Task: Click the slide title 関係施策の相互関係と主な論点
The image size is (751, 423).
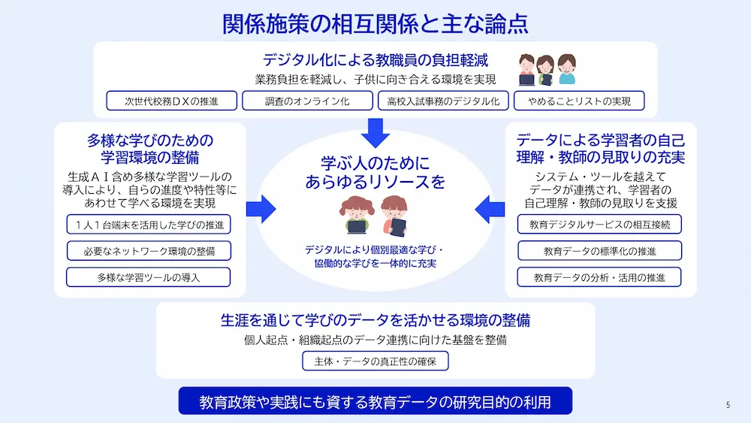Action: [375, 24]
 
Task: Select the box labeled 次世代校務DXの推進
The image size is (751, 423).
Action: [171, 101]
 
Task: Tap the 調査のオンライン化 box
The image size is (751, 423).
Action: [307, 101]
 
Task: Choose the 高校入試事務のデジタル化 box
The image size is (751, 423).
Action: [443, 101]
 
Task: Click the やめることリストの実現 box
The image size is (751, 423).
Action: [579, 101]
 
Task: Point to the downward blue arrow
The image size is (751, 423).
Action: [375, 133]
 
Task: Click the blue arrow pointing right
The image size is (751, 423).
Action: [261, 210]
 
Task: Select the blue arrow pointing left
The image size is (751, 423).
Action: [490, 210]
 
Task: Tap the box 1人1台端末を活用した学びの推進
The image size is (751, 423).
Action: [149, 225]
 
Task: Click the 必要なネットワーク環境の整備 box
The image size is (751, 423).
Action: [149, 251]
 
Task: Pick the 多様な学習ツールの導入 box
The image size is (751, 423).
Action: [149, 277]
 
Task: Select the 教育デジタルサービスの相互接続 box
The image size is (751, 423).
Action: [599, 224]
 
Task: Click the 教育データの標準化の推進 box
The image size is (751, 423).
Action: [599, 250]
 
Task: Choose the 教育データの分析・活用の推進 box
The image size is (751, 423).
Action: [599, 277]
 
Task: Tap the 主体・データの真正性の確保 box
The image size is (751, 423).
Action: [375, 361]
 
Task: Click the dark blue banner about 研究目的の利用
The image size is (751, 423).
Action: [375, 401]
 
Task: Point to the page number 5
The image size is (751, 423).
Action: [728, 405]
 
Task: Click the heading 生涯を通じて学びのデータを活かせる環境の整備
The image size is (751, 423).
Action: [375, 320]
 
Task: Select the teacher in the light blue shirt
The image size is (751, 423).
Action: [566, 69]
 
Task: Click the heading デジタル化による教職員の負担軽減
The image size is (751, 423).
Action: [375, 60]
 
